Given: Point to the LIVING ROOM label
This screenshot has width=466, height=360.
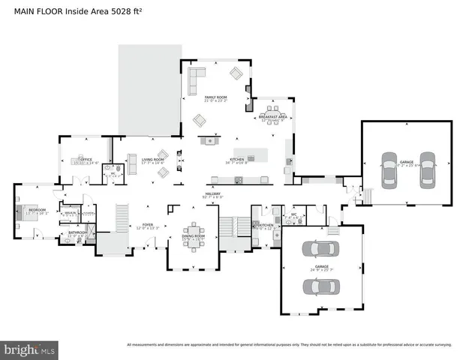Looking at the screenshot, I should coord(153,160).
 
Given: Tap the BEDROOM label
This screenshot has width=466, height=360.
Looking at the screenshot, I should coord(37,211).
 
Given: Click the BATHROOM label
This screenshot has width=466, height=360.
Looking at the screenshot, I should coord(78,232).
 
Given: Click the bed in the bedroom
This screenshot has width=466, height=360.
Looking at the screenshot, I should coord(24,212).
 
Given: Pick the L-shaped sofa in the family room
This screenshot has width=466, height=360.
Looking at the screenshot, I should coord(197,76).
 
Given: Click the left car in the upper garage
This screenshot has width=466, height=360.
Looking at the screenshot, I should coord(389,171).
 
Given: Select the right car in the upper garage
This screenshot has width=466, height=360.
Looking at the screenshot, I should coord(426,171).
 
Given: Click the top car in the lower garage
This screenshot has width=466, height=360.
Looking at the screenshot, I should coord(318,247).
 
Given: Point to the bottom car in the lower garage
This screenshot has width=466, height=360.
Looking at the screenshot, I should coord(318,286).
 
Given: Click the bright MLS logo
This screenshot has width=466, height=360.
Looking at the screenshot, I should coord(30,349).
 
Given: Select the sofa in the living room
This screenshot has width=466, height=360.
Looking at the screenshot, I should coord(133,164).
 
